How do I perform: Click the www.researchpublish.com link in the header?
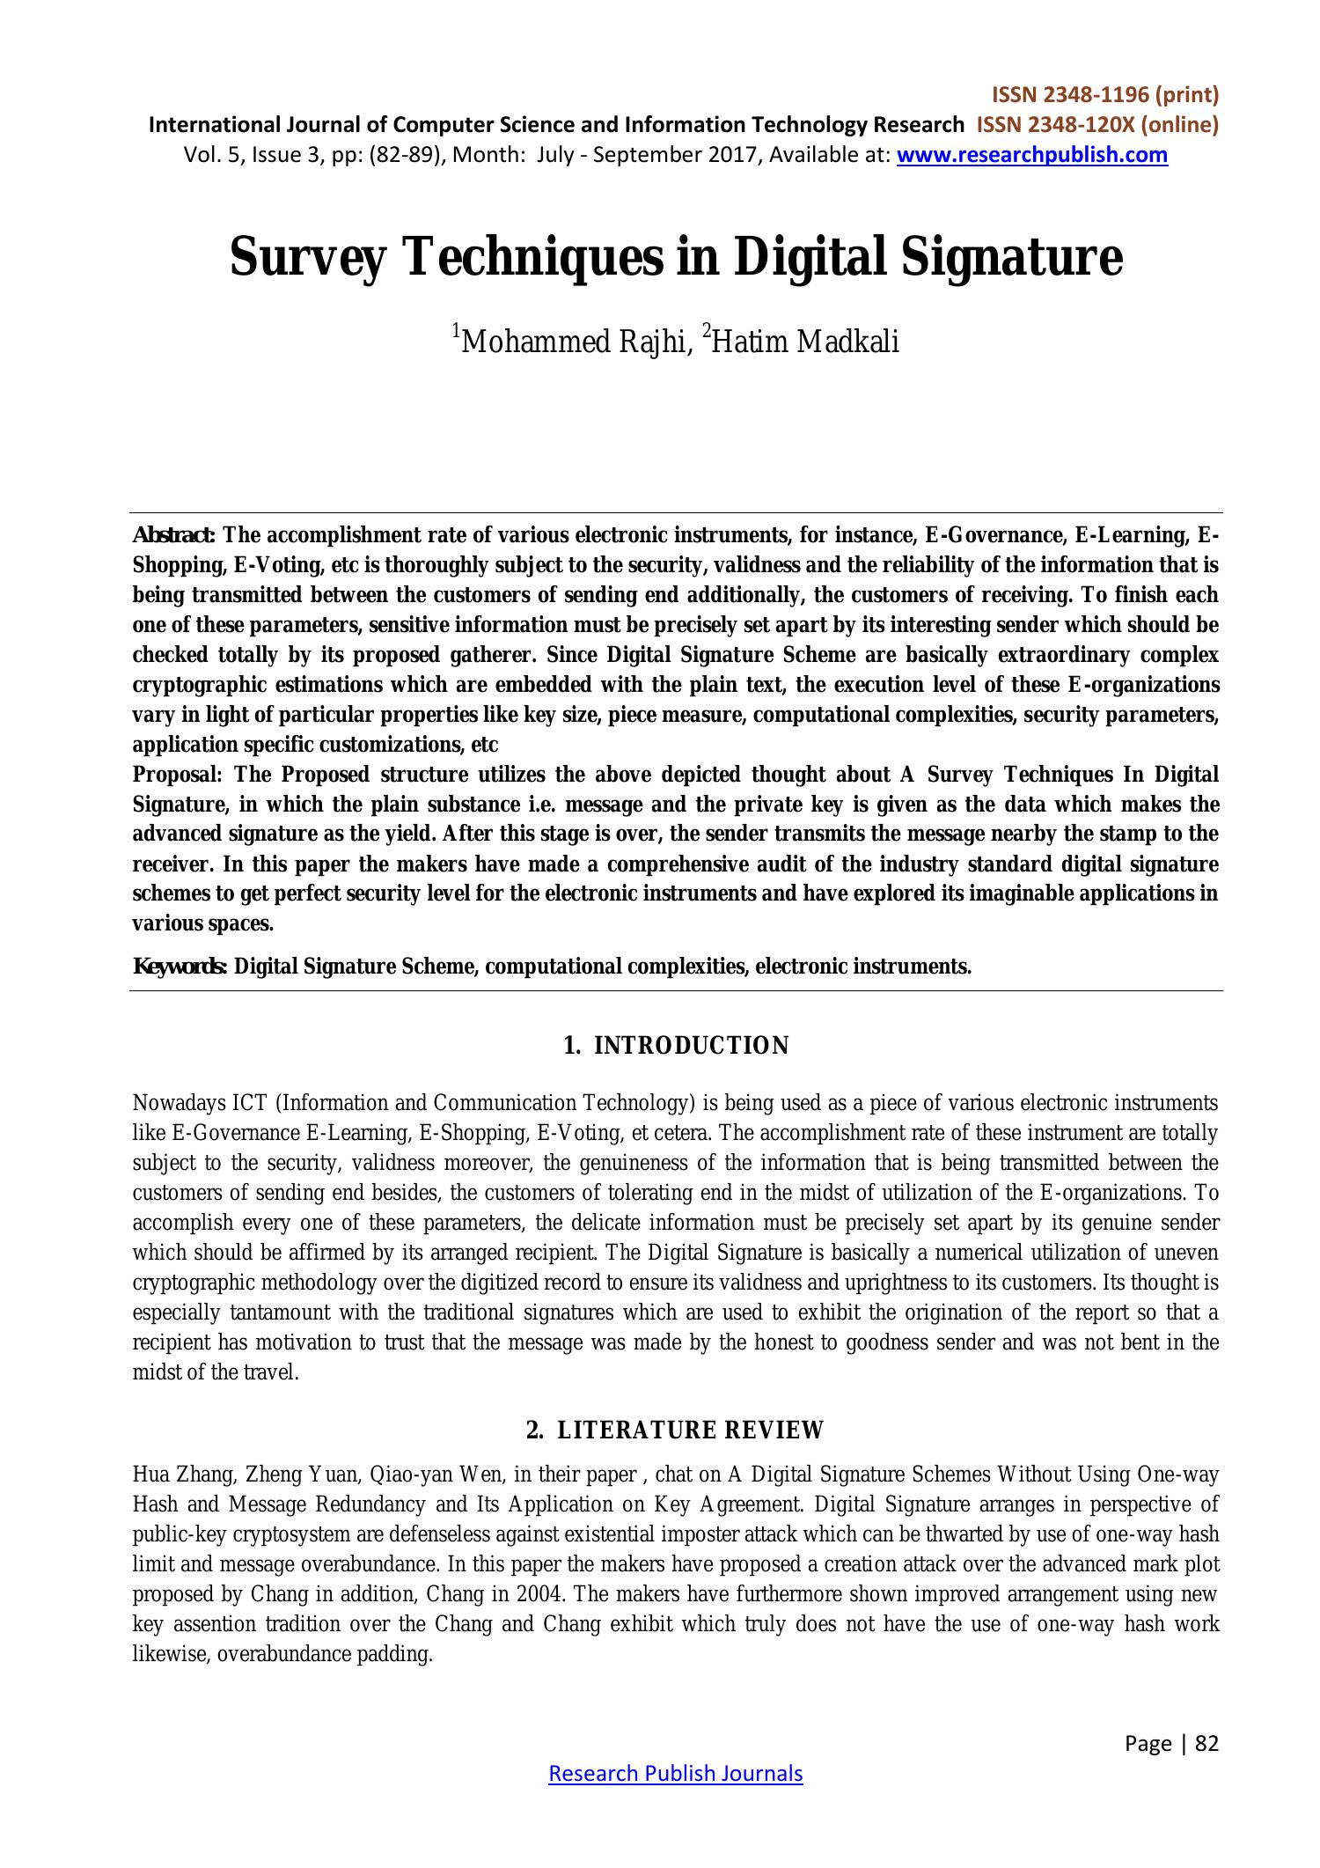(x=1031, y=156)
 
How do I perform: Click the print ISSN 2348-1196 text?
(x=1104, y=94)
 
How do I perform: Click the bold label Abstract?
(x=173, y=535)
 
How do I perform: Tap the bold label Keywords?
(x=180, y=967)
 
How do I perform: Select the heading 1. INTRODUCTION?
(x=676, y=1046)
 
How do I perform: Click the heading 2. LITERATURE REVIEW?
(x=676, y=1430)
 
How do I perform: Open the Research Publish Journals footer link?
(x=676, y=1774)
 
